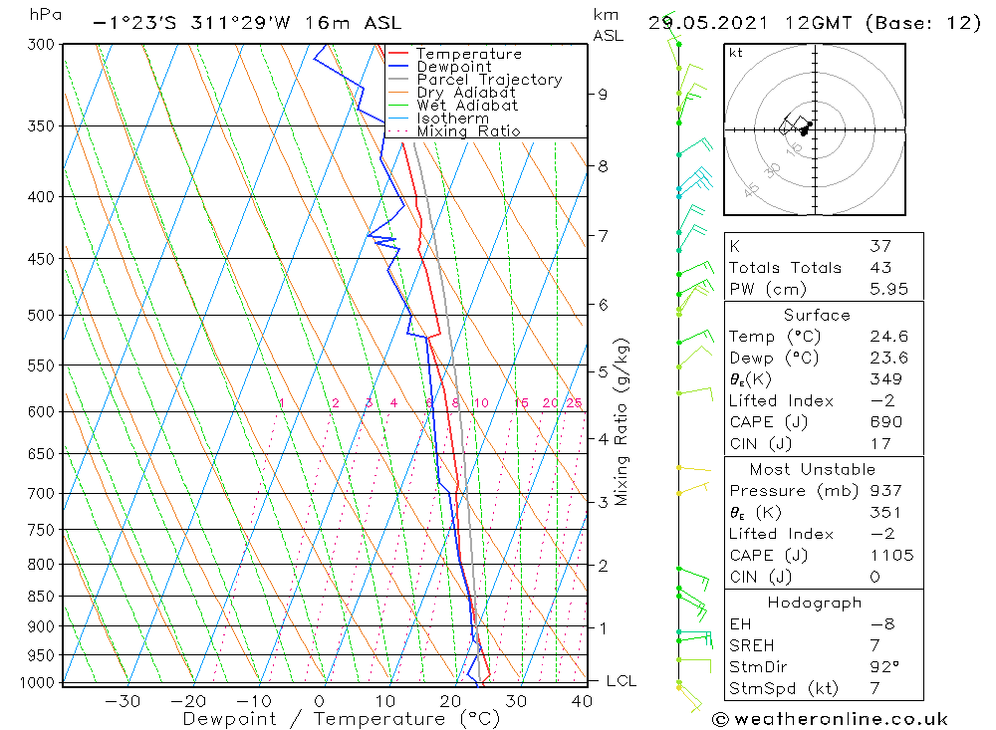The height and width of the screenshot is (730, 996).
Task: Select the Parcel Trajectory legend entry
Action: [489, 80]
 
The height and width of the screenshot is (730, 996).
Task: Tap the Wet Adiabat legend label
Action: [467, 106]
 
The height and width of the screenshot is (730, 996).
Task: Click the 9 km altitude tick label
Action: [603, 94]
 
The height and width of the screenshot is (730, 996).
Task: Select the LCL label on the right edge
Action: [621, 681]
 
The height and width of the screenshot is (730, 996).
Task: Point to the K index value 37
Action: [880, 246]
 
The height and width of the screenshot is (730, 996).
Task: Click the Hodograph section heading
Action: [814, 603]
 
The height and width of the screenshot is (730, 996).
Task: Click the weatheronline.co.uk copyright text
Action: [829, 719]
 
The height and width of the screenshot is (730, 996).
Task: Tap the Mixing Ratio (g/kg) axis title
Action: [622, 421]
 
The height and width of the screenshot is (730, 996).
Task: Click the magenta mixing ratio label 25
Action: [574, 402]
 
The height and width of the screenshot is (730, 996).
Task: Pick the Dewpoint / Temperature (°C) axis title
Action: [325, 719]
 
